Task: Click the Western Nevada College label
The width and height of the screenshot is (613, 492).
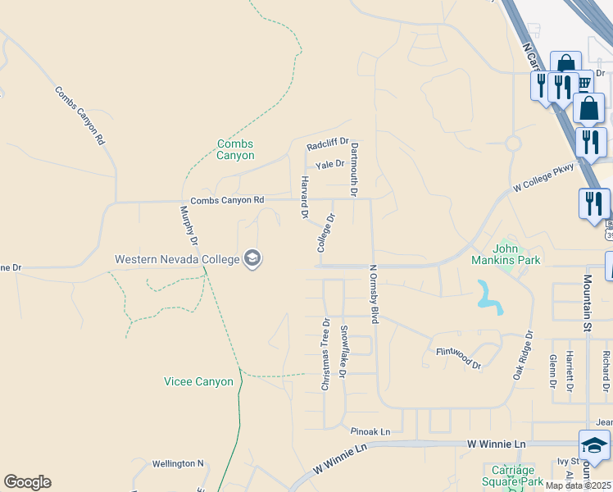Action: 176,259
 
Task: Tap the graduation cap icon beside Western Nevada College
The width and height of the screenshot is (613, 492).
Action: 252,259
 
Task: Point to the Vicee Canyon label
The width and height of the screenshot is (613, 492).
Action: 198,381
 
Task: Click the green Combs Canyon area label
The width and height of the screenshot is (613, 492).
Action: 235,150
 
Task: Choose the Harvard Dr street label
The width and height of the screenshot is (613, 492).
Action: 303,198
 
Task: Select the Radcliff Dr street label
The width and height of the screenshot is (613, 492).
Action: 328,145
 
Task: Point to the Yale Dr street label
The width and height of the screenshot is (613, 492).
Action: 330,164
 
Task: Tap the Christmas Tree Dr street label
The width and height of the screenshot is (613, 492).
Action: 325,354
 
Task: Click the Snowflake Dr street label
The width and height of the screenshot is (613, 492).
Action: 344,351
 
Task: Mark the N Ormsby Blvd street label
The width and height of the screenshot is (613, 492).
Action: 374,293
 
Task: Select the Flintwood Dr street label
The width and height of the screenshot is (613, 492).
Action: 458,358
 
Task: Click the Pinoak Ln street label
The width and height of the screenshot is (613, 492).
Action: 370,431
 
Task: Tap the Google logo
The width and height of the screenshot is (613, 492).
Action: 27,482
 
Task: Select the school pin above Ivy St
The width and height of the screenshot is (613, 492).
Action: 594,446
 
